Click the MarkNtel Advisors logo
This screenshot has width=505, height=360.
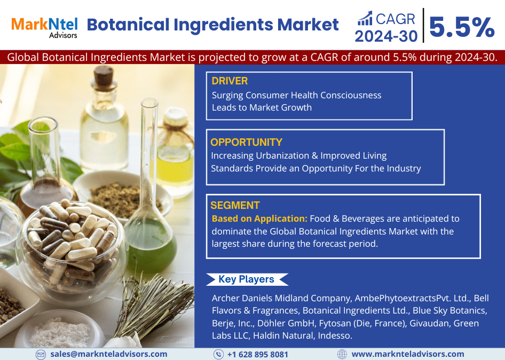[x=44, y=28]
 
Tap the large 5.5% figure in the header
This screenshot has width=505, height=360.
[x=462, y=27]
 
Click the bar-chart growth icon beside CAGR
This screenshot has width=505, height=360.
[x=365, y=18]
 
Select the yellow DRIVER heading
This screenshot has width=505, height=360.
[x=230, y=81]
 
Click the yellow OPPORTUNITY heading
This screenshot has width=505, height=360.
[x=247, y=142]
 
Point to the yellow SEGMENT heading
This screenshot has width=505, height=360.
[x=235, y=205]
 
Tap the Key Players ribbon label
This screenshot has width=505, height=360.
[x=247, y=279]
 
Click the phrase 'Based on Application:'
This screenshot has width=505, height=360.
[x=259, y=218]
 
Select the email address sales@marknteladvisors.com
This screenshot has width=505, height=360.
[x=109, y=354]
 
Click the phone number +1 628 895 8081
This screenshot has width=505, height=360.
[x=258, y=355]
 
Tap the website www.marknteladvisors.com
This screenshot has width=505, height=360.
[x=408, y=354]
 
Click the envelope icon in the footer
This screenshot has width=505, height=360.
[x=41, y=355]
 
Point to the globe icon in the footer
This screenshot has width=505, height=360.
[x=342, y=354]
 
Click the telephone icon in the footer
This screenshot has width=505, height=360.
[x=218, y=354]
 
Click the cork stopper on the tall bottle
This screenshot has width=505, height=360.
[x=104, y=76]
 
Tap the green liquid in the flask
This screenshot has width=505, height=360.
[x=151, y=247]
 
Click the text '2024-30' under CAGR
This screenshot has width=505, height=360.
[x=386, y=36]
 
